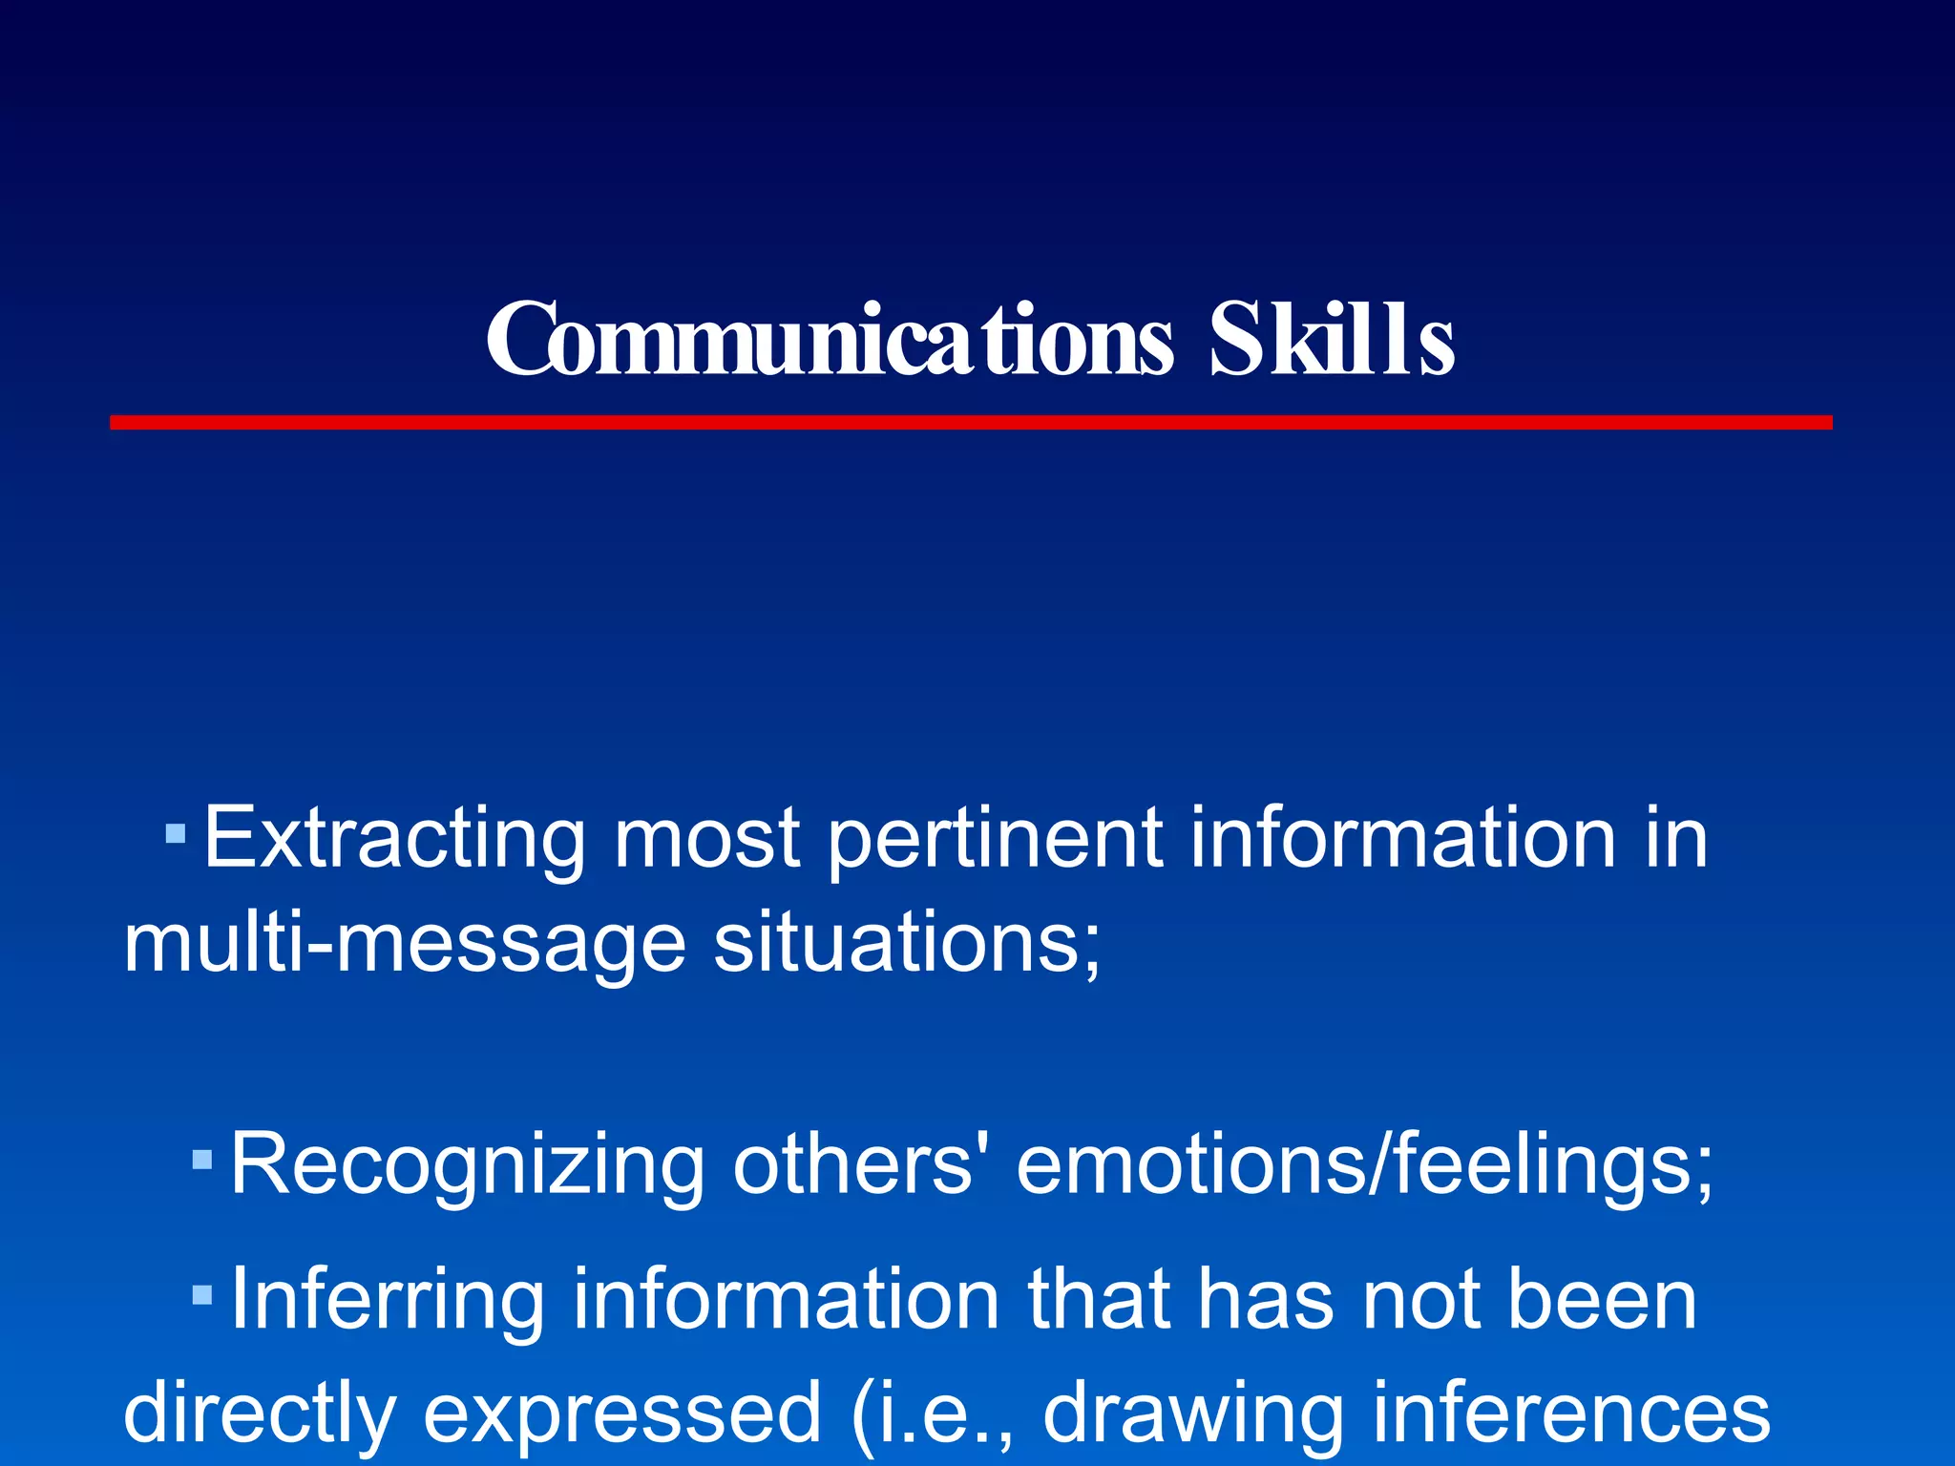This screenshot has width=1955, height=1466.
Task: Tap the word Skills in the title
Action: (x=1332, y=340)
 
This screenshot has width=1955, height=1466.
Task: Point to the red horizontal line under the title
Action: (x=971, y=422)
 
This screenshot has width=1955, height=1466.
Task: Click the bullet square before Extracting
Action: (x=175, y=835)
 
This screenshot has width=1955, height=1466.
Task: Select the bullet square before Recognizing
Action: (x=201, y=1161)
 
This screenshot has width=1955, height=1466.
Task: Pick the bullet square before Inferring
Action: (x=201, y=1295)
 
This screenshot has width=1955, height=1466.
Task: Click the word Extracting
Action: (x=394, y=838)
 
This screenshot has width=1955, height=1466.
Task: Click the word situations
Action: (x=907, y=943)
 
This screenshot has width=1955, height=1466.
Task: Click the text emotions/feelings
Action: (x=1365, y=1164)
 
